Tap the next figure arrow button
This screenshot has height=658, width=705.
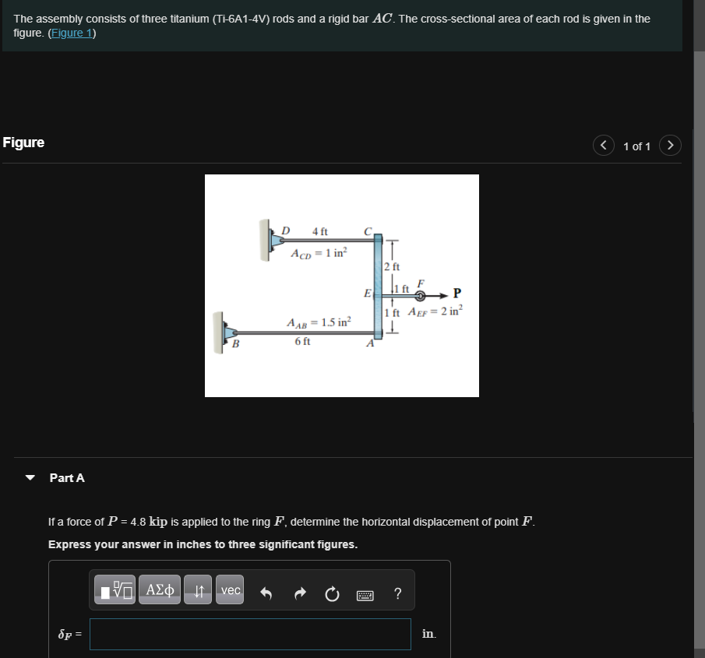671,146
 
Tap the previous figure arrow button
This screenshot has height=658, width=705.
604,146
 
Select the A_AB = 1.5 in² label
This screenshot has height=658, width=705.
319,322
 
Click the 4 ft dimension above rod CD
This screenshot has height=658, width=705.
319,231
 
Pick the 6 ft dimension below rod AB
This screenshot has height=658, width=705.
302,341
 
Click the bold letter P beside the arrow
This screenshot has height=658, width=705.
456,293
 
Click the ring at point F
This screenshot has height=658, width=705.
420,296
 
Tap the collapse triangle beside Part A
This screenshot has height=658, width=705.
30,477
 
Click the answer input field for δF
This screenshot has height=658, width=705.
250,634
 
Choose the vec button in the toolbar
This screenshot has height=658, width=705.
231,590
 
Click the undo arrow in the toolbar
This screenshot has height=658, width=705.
266,594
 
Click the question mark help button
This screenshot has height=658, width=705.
398,594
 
